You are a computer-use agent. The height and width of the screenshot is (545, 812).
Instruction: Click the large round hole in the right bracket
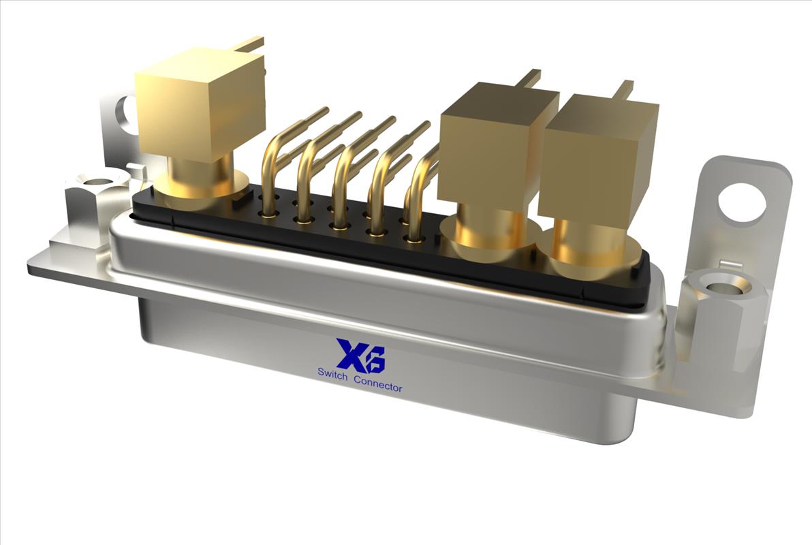742,202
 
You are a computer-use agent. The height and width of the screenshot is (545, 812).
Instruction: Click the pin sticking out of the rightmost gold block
623,89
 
